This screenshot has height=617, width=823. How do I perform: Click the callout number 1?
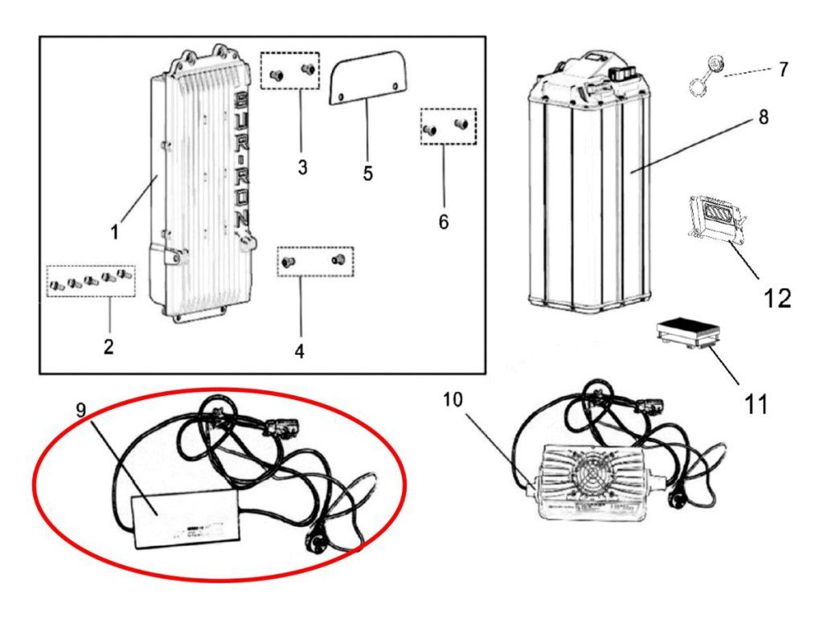115,232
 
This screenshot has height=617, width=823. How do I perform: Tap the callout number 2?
109,346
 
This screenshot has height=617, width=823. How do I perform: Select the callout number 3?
301,168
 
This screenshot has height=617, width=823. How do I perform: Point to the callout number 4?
299,351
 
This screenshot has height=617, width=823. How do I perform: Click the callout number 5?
367,173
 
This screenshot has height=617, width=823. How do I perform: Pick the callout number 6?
443,221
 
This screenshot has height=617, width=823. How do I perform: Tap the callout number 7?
783,69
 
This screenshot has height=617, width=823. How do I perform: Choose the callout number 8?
763,117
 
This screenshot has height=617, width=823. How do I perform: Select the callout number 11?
755,403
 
